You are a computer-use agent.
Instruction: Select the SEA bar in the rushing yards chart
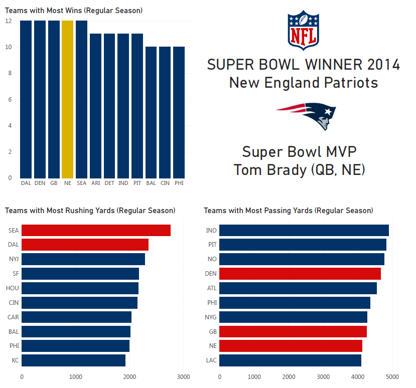point(96,231)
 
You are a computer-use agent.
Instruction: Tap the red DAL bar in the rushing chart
point(85,245)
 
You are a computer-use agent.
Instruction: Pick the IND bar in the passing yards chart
point(304,231)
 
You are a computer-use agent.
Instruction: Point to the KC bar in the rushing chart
point(73,360)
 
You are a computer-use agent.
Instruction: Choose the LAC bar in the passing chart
point(290,360)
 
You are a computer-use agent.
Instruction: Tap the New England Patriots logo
point(306,115)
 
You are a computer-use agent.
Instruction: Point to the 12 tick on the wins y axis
point(9,22)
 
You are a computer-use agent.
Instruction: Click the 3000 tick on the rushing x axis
point(184,376)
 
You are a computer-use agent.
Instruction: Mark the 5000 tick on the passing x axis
point(392,376)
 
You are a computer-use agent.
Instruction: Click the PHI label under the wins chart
point(179,183)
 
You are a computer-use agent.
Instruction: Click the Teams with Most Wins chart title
point(74,11)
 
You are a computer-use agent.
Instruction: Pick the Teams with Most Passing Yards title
point(288,211)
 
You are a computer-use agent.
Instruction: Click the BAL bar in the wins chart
point(151,112)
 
